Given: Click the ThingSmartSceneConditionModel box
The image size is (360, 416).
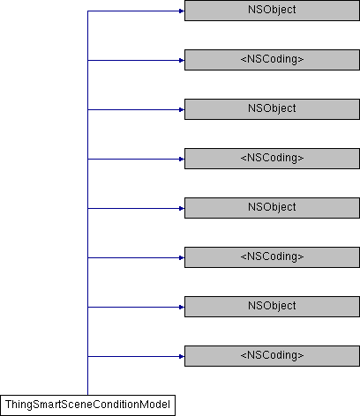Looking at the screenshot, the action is [x=87, y=405].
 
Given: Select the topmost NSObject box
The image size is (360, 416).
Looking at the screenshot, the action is [x=272, y=11].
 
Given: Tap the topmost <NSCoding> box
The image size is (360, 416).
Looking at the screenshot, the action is [x=272, y=60].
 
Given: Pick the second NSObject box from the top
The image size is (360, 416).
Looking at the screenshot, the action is [x=272, y=109].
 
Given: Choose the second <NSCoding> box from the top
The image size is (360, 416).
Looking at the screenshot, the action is [x=272, y=159].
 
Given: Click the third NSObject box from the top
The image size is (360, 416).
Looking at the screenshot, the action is [x=272, y=208].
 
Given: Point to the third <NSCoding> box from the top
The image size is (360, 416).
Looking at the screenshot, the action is [x=272, y=257].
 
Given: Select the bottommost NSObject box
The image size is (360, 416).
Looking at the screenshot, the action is [x=272, y=307].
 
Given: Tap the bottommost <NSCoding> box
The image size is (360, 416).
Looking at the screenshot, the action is [x=272, y=356].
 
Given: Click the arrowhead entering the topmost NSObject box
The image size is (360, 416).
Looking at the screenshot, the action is [x=182, y=11].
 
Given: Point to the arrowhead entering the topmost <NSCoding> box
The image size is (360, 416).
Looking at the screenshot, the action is [x=182, y=61].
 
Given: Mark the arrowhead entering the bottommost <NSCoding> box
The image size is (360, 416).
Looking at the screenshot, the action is [x=182, y=357].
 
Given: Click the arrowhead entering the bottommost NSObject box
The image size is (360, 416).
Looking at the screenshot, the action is [x=182, y=308].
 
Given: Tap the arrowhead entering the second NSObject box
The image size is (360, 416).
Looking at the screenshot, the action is [x=182, y=110].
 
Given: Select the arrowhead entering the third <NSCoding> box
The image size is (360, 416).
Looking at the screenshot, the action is [x=182, y=258].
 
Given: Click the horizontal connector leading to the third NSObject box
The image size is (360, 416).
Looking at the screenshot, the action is [x=136, y=209].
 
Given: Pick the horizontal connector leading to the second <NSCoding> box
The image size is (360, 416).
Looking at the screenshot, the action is [x=136, y=160].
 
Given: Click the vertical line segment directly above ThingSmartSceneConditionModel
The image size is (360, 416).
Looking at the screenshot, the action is [x=87, y=376].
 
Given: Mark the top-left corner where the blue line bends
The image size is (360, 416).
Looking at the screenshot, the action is [x=87, y=11].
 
